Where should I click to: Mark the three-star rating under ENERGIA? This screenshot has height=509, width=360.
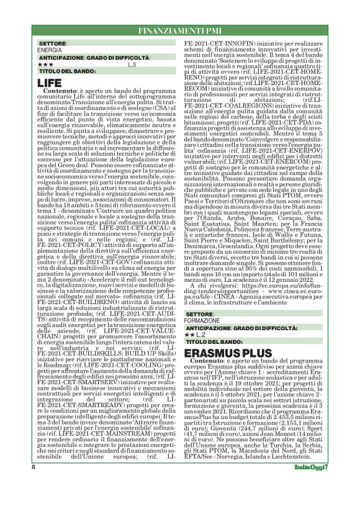[45, 64]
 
